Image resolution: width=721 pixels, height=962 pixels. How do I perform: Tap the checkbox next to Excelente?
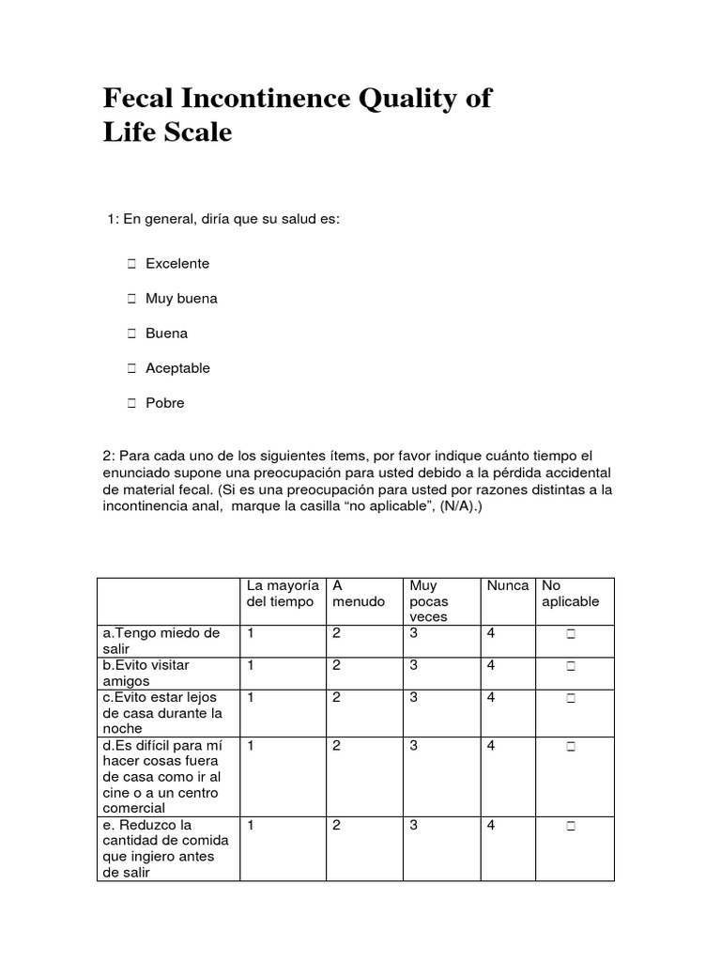click(x=130, y=264)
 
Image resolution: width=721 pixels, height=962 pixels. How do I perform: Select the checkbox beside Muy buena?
click(x=130, y=299)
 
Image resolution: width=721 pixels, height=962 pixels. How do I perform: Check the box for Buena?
click(x=130, y=334)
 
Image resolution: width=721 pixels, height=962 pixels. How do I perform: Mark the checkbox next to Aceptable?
click(x=130, y=368)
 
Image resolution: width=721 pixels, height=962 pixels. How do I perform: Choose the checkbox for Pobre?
click(x=130, y=403)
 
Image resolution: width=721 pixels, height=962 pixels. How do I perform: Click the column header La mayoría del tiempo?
click(x=282, y=594)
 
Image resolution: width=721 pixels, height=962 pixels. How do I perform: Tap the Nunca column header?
click(x=507, y=586)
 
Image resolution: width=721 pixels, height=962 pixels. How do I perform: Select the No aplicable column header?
click(x=570, y=594)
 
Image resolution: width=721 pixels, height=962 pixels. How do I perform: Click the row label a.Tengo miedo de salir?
click(x=161, y=641)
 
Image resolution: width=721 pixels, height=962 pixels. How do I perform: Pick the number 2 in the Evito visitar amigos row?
click(x=336, y=665)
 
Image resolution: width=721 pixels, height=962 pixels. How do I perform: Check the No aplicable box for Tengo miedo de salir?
click(x=570, y=635)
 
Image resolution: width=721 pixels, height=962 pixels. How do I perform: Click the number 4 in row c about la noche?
click(x=491, y=698)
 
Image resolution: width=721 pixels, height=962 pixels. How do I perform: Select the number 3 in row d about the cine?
click(x=414, y=746)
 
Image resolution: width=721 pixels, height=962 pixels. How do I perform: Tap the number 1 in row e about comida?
click(x=251, y=826)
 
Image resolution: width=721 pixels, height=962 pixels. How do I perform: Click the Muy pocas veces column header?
click(x=429, y=601)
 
